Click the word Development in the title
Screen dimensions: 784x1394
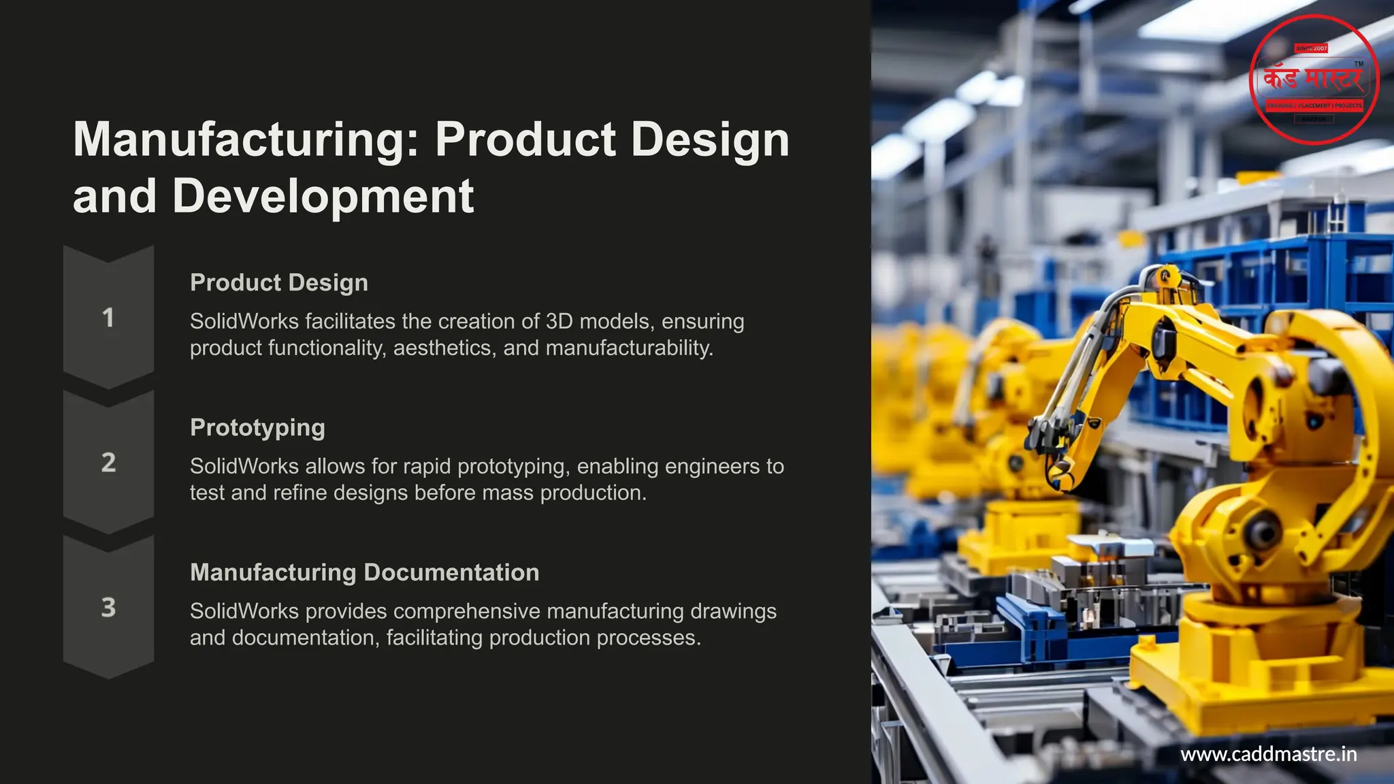pos(323,196)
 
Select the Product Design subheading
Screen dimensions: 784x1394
pos(279,282)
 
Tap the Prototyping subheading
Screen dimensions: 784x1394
pos(257,427)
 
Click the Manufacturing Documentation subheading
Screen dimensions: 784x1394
pos(364,572)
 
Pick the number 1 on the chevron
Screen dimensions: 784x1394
pos(108,318)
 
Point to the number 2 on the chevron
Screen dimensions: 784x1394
pos(108,463)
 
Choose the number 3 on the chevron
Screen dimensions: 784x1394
pos(108,608)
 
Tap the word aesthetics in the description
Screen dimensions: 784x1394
pos(444,348)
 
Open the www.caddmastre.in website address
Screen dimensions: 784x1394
pos(1269,754)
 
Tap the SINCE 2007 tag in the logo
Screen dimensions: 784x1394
pos(1311,48)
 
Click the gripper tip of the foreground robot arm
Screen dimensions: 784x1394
pos(1062,476)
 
